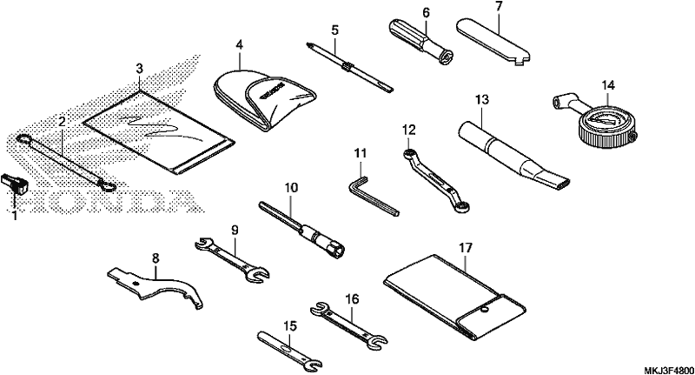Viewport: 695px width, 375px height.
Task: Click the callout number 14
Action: pyautogui.click(x=608, y=84)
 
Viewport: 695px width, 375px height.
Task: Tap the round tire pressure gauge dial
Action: pyautogui.click(x=607, y=124)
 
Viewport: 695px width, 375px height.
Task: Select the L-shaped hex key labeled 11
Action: pyautogui.click(x=373, y=195)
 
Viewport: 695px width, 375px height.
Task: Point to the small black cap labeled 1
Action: pyautogui.click(x=14, y=183)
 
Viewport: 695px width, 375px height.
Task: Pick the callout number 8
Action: pyautogui.click(x=156, y=258)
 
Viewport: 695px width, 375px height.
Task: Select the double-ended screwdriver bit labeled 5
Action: pyautogui.click(x=349, y=67)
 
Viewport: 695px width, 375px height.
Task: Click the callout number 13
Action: pyautogui.click(x=482, y=99)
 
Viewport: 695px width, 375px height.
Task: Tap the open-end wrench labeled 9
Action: pyautogui.click(x=232, y=261)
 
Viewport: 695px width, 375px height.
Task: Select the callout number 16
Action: pyautogui.click(x=353, y=299)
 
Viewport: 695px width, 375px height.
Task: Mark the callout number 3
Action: pyautogui.click(x=140, y=69)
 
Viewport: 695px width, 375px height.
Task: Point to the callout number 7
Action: pyautogui.click(x=499, y=8)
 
